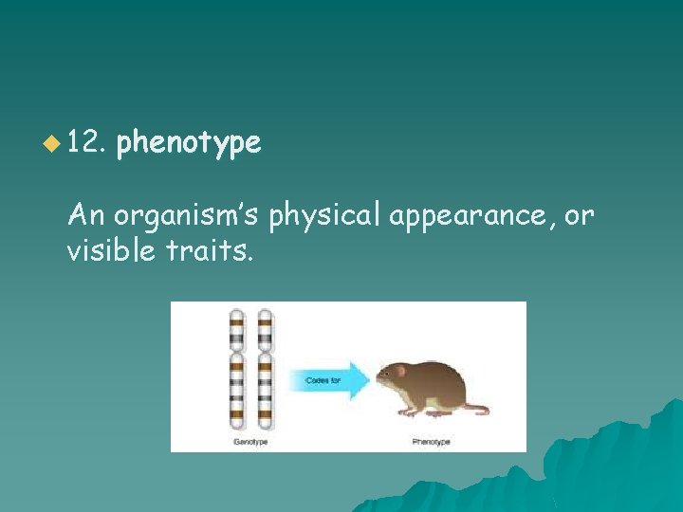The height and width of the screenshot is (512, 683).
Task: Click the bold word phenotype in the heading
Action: pyautogui.click(x=188, y=143)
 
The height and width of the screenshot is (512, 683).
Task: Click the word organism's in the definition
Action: pyautogui.click(x=188, y=216)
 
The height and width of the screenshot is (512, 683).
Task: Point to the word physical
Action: pyautogui.click(x=324, y=216)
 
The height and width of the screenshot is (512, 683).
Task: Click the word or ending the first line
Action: pyautogui.click(x=579, y=216)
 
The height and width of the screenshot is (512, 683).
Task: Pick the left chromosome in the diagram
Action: pyautogui.click(x=236, y=370)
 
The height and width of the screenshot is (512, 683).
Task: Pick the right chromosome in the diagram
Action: pyautogui.click(x=266, y=370)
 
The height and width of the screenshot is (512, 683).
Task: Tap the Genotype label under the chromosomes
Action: pyautogui.click(x=250, y=442)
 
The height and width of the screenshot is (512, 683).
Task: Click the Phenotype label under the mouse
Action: pyautogui.click(x=432, y=442)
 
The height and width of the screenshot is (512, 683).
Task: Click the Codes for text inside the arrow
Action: pyautogui.click(x=323, y=381)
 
